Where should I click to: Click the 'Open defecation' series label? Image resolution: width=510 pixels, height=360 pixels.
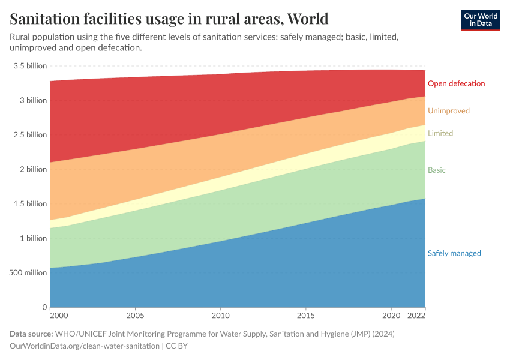point(456,83)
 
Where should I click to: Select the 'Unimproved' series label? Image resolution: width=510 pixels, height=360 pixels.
point(448,111)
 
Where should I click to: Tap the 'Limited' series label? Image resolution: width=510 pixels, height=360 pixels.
point(440,133)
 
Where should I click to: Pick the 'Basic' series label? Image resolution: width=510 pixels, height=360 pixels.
point(436,170)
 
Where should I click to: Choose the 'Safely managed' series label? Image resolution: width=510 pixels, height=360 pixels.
point(454,253)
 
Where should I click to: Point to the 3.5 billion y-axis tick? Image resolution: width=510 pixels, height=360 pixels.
point(29,66)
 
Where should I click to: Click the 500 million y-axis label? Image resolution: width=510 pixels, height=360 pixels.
point(28,273)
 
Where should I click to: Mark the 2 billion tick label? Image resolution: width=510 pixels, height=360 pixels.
point(32,169)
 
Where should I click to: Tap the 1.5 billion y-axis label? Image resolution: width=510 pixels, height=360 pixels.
point(29,204)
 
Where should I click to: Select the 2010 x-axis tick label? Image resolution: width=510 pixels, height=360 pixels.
point(221,315)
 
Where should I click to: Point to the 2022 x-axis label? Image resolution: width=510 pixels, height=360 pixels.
point(416,315)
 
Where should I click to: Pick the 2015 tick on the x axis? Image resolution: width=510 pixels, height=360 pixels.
point(306,315)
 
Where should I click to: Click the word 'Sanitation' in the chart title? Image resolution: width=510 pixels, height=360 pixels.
point(46,19)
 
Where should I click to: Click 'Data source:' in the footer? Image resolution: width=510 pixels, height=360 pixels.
point(31,334)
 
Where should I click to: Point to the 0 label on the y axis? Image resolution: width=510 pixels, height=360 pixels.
point(44,307)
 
